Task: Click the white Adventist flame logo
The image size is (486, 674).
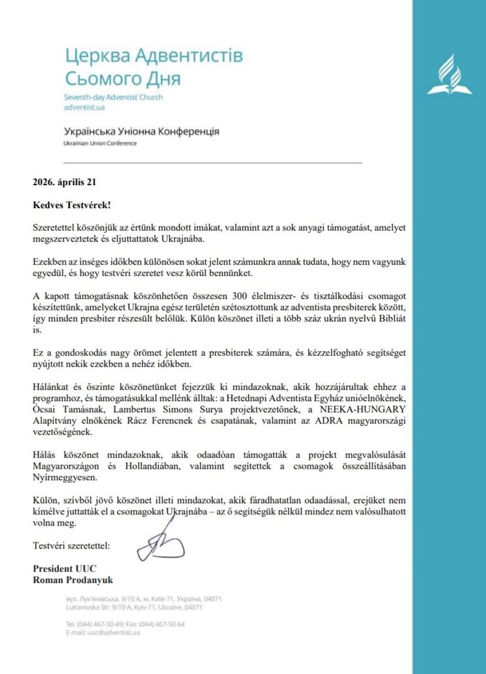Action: click(449, 75)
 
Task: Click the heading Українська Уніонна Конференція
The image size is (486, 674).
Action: click(141, 132)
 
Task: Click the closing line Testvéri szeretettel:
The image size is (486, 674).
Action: click(72, 545)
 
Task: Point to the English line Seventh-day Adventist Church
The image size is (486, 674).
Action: click(113, 98)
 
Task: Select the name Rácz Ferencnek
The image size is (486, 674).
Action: click(147, 420)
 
